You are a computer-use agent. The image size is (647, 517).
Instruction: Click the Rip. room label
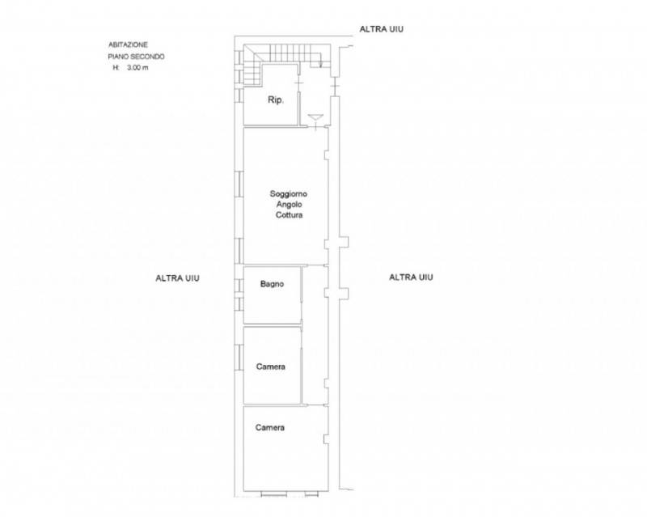276,100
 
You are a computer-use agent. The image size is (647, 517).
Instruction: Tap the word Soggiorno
289,193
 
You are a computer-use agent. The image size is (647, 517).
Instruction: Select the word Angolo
289,205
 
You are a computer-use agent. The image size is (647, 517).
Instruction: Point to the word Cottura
289,214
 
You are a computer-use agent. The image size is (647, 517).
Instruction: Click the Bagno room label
272,284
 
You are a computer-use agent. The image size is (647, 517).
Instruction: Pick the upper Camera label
271,367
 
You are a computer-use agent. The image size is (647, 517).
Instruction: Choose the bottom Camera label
270,427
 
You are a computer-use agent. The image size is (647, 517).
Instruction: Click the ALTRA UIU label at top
381,29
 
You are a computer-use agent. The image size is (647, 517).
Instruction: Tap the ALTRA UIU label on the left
177,278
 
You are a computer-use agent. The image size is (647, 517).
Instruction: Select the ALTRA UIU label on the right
411,277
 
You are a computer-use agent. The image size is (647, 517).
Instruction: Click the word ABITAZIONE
128,44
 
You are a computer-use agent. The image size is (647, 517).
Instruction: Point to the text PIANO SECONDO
136,57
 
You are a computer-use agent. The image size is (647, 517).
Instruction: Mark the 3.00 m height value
137,68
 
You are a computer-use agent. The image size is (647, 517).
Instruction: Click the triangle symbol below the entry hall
315,117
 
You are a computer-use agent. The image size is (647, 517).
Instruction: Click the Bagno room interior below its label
272,306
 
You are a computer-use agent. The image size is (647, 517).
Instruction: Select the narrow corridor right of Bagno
315,334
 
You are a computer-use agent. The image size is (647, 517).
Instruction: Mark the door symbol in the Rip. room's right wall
299,84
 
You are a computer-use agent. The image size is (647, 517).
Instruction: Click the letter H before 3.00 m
116,68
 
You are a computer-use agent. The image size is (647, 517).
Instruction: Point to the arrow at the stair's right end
321,62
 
